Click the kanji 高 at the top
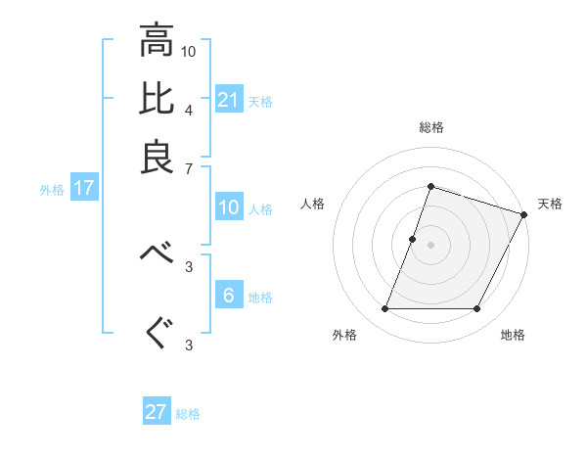tap(157, 41)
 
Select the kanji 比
tap(157, 99)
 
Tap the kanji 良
tap(157, 157)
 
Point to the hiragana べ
tap(157, 253)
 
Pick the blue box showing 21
tap(229, 100)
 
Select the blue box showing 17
tap(83, 188)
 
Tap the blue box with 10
tap(229, 207)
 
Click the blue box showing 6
tap(229, 296)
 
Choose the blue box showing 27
tap(157, 412)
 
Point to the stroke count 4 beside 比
tap(189, 109)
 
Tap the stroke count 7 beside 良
tap(189, 169)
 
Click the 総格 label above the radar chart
tap(430, 127)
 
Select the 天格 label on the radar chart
tap(550, 204)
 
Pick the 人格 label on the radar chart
tap(313, 204)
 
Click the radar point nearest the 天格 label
tap(523, 214)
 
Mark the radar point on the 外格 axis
tap(384, 309)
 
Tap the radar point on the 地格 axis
tap(477, 309)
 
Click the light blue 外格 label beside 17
tap(52, 190)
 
